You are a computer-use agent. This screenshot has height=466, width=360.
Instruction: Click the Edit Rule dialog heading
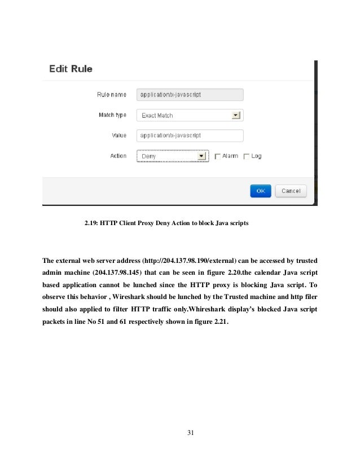click(71, 70)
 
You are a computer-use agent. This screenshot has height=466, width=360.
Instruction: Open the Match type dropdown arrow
click(236, 116)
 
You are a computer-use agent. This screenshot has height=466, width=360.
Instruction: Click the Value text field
click(190, 136)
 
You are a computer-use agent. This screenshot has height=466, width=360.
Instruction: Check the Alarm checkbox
click(217, 156)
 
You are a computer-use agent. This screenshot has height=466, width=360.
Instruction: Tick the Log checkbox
click(246, 156)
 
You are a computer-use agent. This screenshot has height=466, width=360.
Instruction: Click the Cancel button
click(291, 191)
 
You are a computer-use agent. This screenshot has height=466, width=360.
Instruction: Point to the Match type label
click(113, 116)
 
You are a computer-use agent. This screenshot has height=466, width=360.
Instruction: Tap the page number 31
click(190, 433)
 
